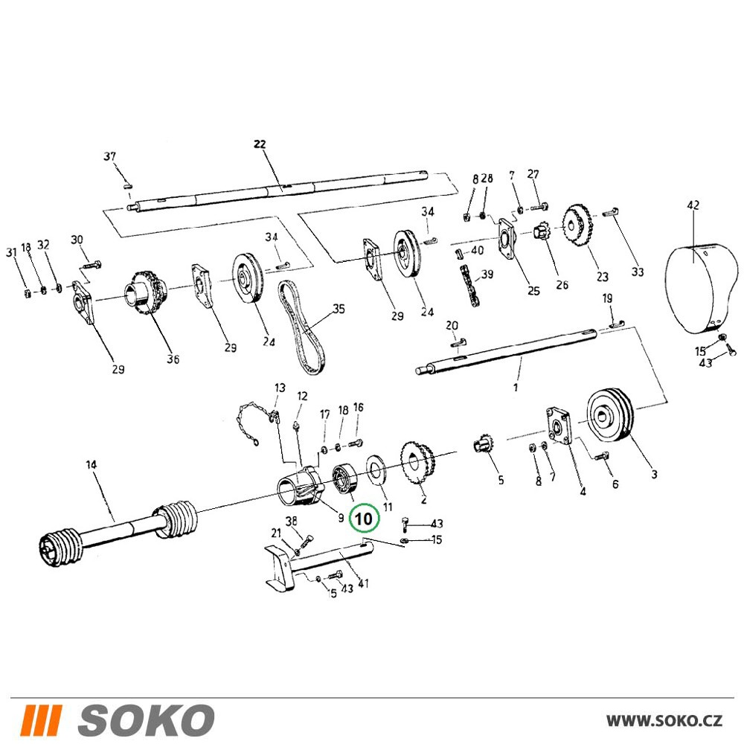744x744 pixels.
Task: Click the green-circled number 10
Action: [364, 518]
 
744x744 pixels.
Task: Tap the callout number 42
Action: [693, 205]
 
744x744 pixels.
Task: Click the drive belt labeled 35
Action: [302, 327]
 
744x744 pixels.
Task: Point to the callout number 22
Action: [260, 144]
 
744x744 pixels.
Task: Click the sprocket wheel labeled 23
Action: [578, 225]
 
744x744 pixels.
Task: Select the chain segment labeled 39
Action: [469, 286]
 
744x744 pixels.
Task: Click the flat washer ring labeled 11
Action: [376, 470]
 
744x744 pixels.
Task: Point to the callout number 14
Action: [91, 464]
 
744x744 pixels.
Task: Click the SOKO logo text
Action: [146, 720]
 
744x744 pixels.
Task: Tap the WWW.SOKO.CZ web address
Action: [664, 720]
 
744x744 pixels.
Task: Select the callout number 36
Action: [173, 359]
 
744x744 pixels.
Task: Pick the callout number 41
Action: [363, 583]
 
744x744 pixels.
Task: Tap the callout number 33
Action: [638, 272]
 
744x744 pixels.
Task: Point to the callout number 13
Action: [280, 388]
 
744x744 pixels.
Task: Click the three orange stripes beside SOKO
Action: [41, 720]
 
